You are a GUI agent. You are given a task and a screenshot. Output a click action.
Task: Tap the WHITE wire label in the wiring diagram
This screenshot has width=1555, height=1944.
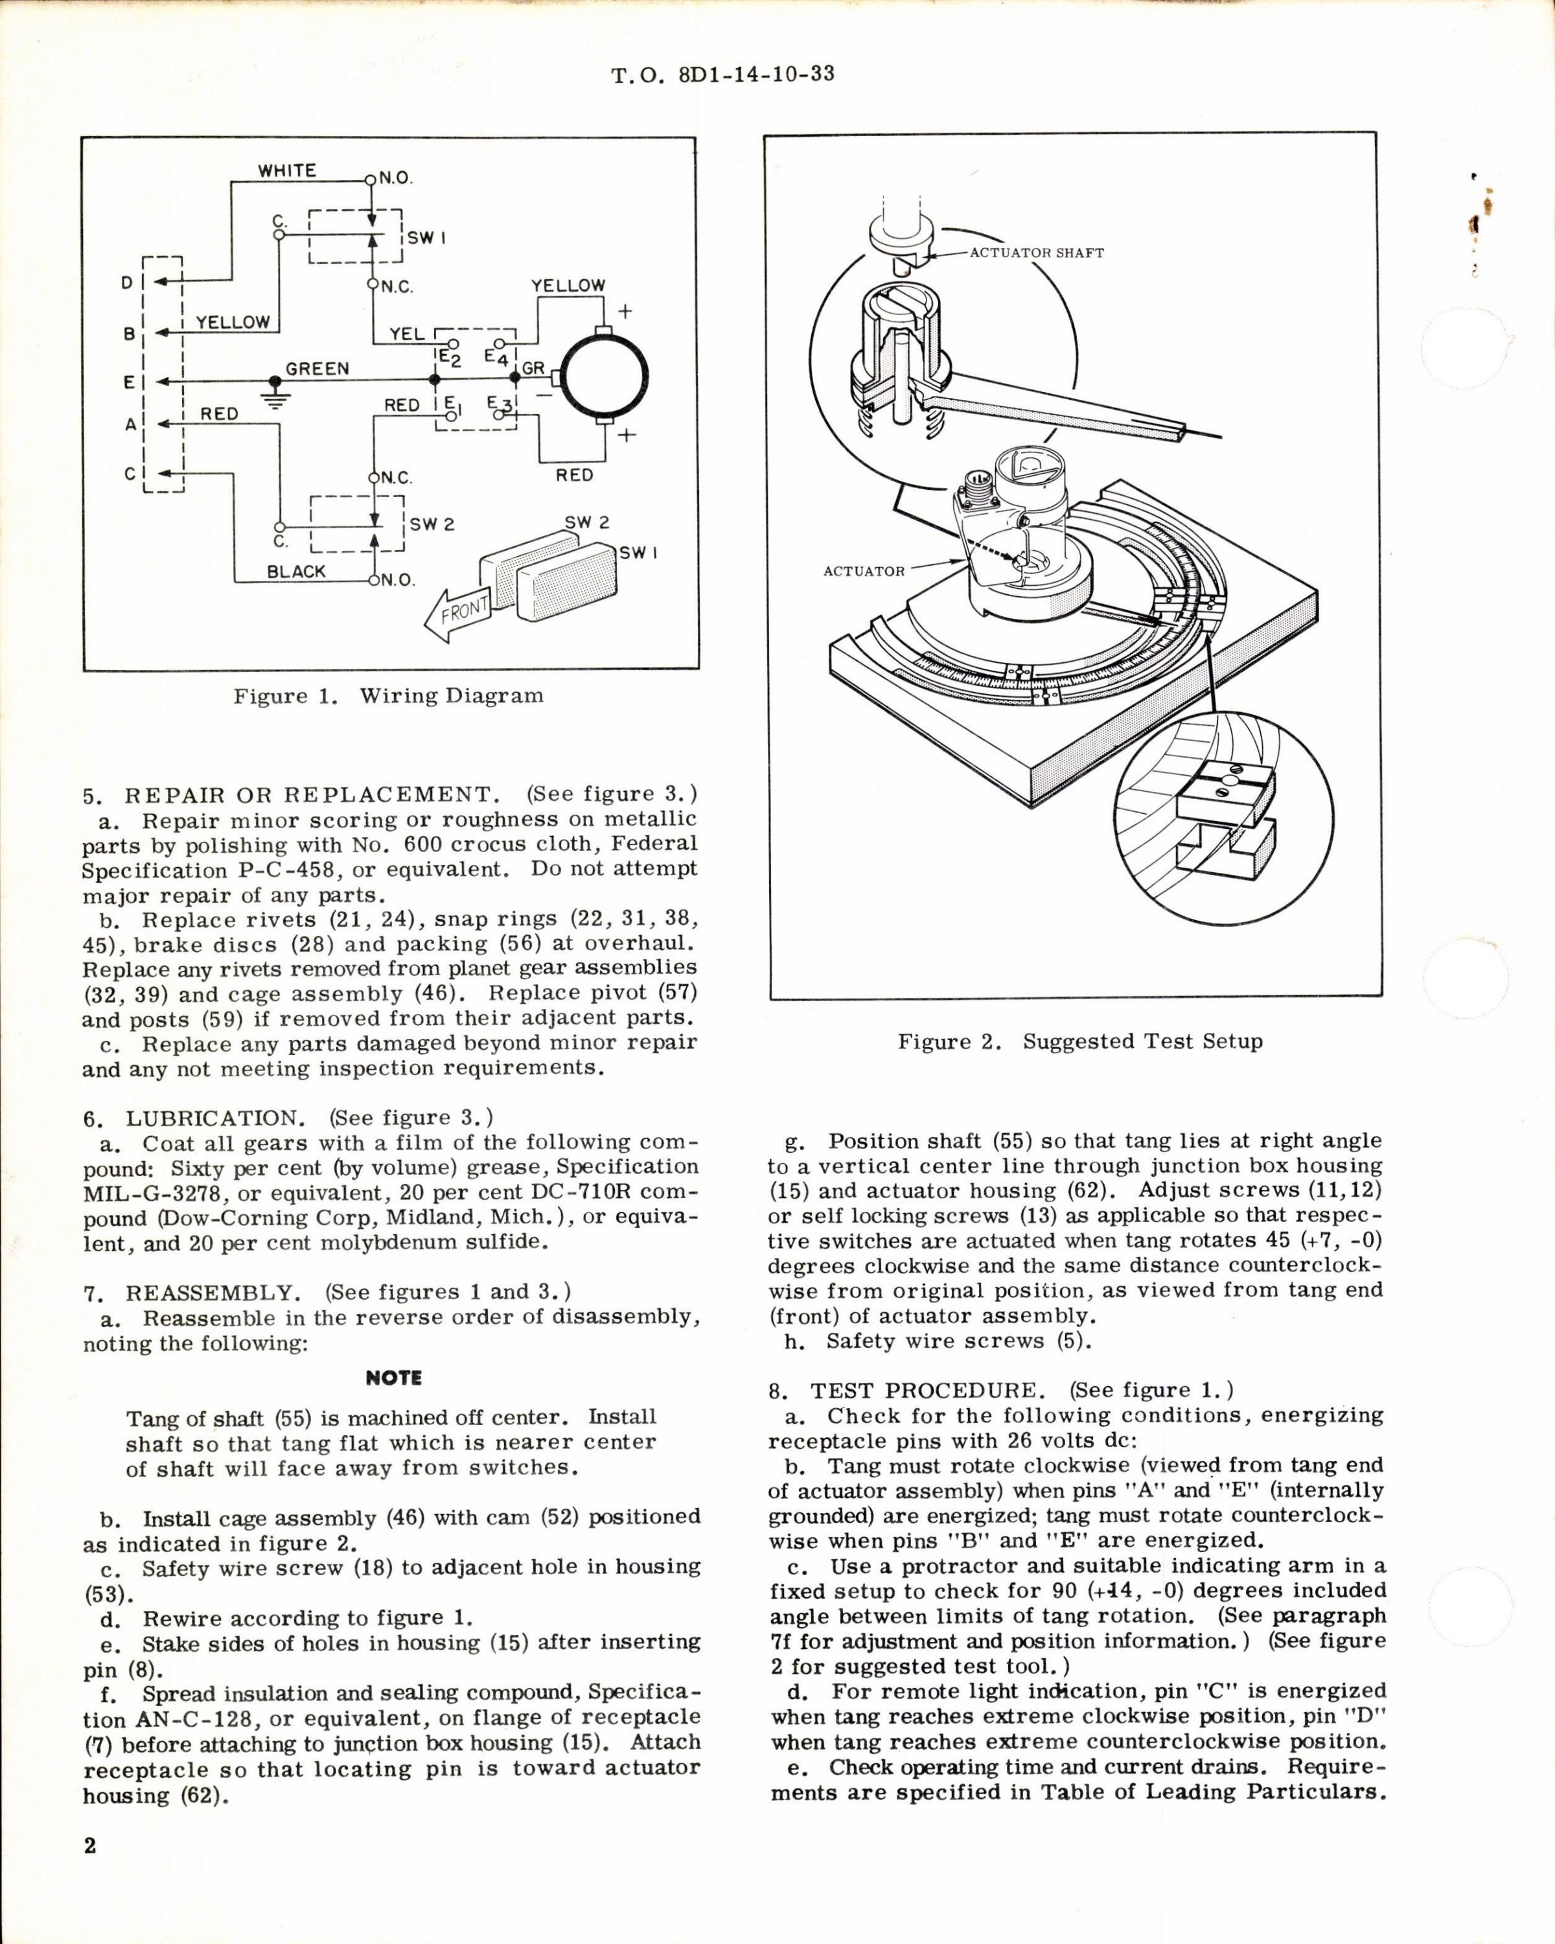[x=286, y=170]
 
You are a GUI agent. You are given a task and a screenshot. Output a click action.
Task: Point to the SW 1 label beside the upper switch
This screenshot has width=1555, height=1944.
[x=426, y=237]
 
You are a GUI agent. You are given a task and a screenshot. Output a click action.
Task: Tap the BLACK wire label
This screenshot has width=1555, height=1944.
[x=297, y=571]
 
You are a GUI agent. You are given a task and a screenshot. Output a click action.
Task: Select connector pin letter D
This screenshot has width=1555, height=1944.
[x=127, y=283]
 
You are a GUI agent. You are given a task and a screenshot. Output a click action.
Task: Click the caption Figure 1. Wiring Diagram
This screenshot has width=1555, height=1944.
[x=389, y=696]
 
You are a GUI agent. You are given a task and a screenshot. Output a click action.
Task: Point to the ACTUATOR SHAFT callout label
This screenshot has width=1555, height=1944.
[x=1036, y=253]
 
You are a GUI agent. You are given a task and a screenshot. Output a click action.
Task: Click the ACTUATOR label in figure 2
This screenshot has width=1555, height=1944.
[x=864, y=571]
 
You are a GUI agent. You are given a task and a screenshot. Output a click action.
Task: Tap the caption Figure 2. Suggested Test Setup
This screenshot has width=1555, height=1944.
[x=1080, y=1041]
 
